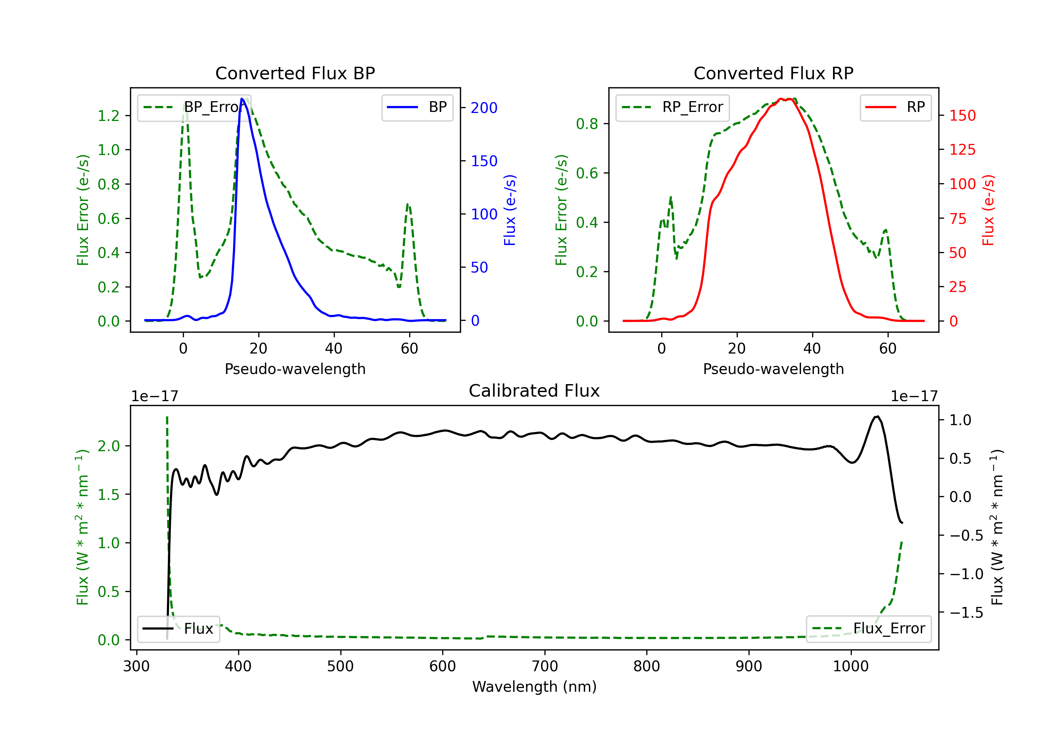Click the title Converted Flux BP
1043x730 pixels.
click(x=295, y=73)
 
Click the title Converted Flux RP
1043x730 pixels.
click(x=773, y=73)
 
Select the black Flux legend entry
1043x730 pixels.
click(x=179, y=629)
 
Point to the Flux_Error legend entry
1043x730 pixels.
click(x=868, y=629)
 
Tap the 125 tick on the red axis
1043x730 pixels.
click(x=962, y=149)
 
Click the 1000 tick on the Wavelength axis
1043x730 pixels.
click(x=850, y=666)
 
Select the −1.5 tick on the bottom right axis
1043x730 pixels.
click(x=966, y=613)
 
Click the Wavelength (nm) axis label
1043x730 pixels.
click(x=534, y=687)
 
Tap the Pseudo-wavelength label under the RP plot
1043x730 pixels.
click(x=773, y=369)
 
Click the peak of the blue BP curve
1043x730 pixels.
click(x=242, y=99)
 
